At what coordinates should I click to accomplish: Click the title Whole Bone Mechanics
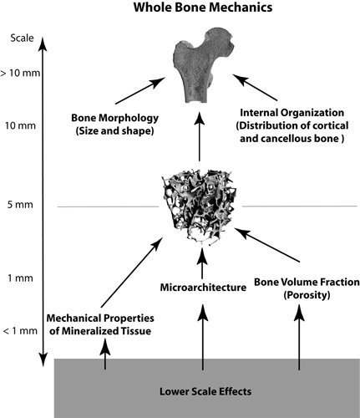pos(203,8)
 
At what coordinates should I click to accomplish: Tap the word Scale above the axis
pos(22,38)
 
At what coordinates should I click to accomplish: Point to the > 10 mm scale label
pos(20,73)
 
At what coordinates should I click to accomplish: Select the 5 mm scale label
pos(20,205)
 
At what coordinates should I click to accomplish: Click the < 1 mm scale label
pos(20,331)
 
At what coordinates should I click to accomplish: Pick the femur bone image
pos(203,64)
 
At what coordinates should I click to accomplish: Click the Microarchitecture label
pos(203,288)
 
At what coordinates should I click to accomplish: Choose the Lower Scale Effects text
pos(205,391)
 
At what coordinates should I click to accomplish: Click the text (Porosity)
pos(307,294)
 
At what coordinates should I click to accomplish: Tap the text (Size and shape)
pos(114,130)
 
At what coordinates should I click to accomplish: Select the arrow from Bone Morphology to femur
pos(140,90)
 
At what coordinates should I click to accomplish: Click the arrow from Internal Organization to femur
pos(255,87)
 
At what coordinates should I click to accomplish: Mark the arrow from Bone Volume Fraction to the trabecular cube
pos(267,245)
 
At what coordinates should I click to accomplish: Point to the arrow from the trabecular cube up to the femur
pos(200,136)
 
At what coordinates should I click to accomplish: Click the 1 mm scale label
pos(20,278)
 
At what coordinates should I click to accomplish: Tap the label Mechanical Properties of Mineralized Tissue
pos(100,324)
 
